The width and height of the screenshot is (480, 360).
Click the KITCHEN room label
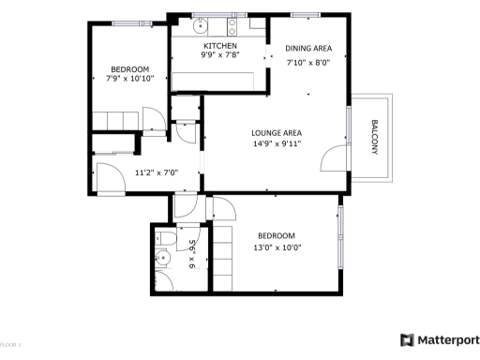220,46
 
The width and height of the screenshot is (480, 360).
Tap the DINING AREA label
309,49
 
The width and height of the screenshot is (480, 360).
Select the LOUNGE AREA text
275,132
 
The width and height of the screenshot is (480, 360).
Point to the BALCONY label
374,138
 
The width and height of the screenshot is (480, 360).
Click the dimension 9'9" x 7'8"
220,56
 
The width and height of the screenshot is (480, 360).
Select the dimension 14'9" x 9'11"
275,144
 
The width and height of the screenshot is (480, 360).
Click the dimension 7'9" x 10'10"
129,80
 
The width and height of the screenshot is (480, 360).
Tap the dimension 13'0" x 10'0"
277,247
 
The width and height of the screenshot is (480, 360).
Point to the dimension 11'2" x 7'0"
156,172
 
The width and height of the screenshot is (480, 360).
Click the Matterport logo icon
407,339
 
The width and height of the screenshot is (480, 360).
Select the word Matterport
449,339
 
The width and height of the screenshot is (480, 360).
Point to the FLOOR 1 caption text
10,347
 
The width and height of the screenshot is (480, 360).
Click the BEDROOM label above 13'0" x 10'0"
277,235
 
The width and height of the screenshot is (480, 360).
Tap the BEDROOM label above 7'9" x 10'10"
129,68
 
